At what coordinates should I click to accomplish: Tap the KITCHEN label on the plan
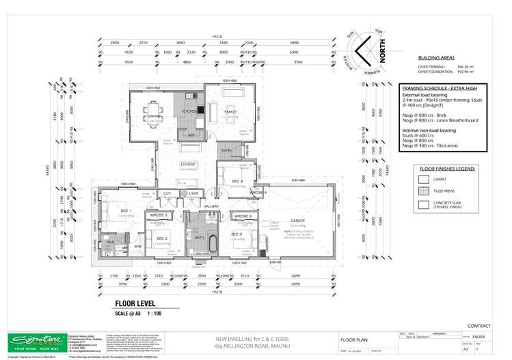(x=189, y=111)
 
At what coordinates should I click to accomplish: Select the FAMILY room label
(x=230, y=111)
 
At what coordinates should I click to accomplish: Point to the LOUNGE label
(x=187, y=165)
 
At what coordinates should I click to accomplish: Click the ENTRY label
(x=226, y=150)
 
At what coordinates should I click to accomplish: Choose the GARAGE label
(x=299, y=221)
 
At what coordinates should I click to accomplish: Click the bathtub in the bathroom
(x=212, y=241)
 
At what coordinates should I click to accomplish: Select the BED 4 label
(x=237, y=181)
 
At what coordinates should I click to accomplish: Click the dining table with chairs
(x=147, y=107)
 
